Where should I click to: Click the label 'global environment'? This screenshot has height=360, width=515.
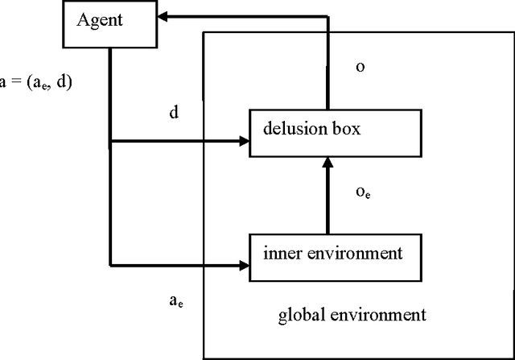(x=352, y=314)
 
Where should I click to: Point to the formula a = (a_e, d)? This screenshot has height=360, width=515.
(x=36, y=81)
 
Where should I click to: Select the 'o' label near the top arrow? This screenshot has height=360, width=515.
(x=360, y=67)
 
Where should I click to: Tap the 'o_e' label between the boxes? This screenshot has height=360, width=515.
(x=362, y=192)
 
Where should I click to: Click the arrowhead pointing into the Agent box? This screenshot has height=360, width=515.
(x=164, y=15)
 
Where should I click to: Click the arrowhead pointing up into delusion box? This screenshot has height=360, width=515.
(x=328, y=165)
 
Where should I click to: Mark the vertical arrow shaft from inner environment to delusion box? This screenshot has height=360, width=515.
(x=328, y=201)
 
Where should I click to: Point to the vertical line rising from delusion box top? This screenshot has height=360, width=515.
(x=328, y=64)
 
